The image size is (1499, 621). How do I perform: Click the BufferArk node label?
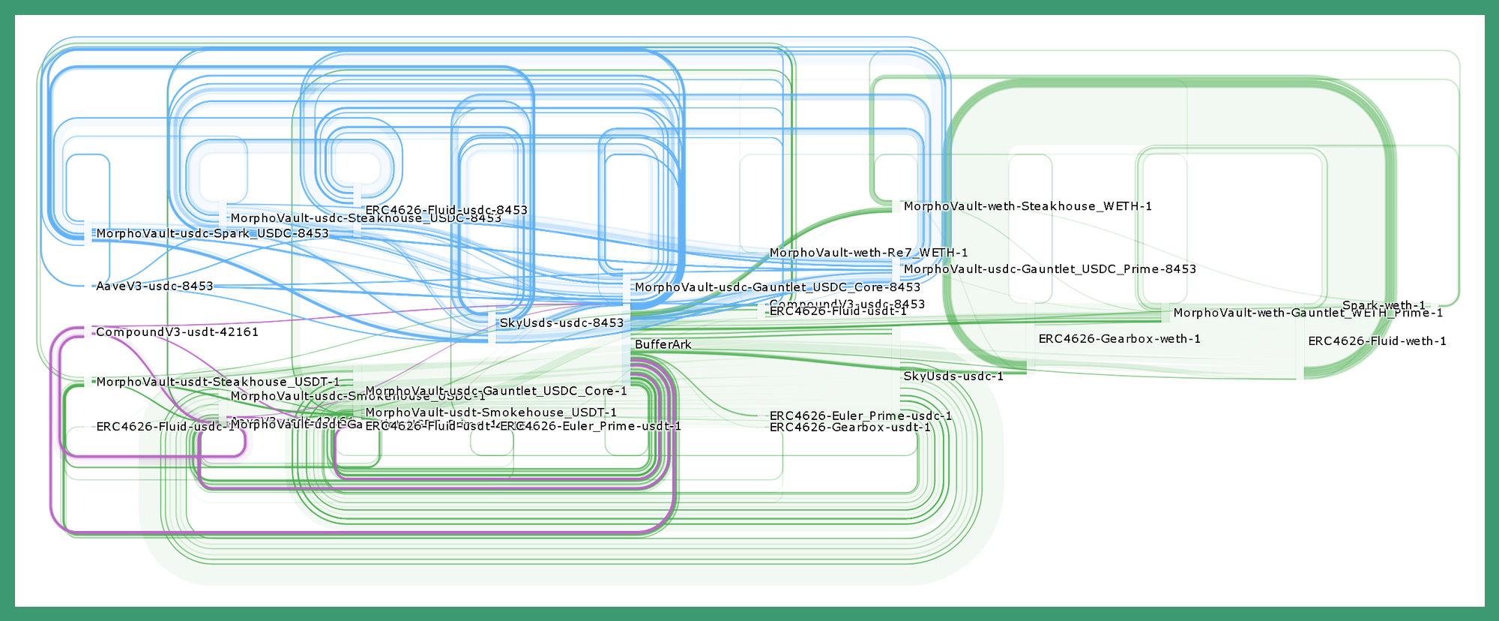click(663, 344)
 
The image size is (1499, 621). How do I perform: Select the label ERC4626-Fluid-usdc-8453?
click(446, 210)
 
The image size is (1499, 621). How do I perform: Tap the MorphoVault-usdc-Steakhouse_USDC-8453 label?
click(366, 218)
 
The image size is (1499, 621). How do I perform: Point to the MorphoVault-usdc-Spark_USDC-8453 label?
click(212, 233)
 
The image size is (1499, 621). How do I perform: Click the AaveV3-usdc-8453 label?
click(154, 286)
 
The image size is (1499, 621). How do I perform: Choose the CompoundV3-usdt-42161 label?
click(177, 331)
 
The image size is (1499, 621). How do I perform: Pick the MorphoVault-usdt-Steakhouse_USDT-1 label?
click(217, 382)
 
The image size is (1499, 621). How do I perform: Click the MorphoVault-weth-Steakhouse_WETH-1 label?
click(1028, 205)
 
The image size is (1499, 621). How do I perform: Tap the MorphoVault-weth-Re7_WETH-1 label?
click(869, 252)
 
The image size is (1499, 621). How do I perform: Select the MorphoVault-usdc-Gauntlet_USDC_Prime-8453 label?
click(1050, 268)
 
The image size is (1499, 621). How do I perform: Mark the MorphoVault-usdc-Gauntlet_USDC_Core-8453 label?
click(777, 286)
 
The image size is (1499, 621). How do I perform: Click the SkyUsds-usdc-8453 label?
click(561, 322)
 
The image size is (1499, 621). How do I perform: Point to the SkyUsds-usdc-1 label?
click(953, 376)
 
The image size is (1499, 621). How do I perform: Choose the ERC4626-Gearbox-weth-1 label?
click(1119, 338)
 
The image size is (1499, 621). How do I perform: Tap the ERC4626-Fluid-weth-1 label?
click(1377, 340)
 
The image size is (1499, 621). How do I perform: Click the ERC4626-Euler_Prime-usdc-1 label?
click(860, 415)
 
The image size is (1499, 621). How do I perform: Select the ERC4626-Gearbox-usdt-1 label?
click(850, 427)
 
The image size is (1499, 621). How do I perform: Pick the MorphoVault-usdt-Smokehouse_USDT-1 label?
click(491, 412)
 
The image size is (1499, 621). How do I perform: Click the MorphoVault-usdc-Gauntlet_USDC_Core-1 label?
click(495, 391)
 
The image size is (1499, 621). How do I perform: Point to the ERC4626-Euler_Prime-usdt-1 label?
click(591, 426)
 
